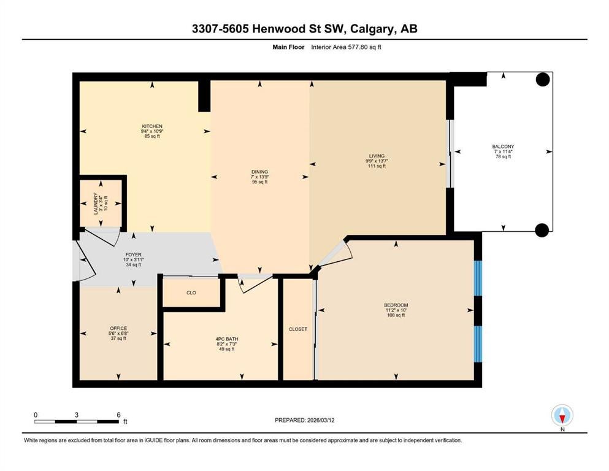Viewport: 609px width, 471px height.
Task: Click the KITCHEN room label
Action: pos(152,126)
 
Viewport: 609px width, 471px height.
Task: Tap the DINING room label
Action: pos(259,172)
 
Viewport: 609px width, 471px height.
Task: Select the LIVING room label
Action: pos(377,156)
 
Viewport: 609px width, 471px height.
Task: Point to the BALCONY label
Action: pos(503,147)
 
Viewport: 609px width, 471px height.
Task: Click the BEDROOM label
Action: pos(396,305)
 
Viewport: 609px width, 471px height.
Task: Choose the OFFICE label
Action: pos(118,328)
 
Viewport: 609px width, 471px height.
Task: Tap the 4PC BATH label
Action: pos(227,339)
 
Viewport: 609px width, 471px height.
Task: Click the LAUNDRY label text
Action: pos(96,204)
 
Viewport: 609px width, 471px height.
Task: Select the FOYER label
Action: pos(133,255)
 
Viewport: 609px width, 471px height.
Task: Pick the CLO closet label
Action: pos(191,293)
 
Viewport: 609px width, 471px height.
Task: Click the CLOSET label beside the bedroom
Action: pos(298,329)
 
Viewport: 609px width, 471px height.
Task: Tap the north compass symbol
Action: pos(562,416)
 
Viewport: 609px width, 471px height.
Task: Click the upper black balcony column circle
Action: pos(543,80)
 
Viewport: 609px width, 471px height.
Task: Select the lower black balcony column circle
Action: pos(542,230)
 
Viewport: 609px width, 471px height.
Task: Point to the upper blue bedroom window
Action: pos(478,278)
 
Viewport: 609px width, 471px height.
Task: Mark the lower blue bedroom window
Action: pos(478,344)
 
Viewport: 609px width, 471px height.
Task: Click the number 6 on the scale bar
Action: pos(118,415)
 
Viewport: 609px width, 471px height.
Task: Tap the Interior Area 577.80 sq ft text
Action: pos(346,47)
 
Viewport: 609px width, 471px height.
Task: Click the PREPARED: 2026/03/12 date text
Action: pos(304,420)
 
